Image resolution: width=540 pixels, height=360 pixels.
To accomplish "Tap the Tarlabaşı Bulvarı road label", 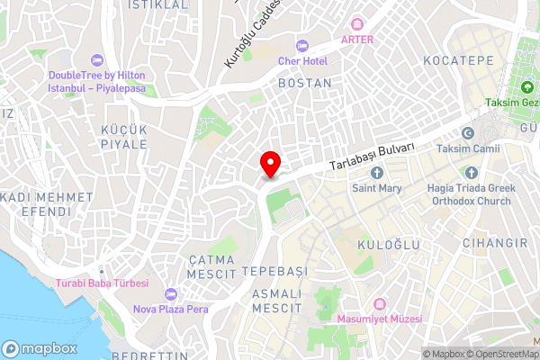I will click(x=372, y=155).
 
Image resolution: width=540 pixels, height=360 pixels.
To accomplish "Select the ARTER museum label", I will click(x=355, y=39).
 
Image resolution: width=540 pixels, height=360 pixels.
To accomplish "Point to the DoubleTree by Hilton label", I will click(x=96, y=83).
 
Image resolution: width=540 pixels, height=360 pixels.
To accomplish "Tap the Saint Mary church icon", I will click(x=376, y=172).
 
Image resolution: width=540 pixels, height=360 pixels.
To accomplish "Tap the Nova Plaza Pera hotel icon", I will click(x=171, y=294).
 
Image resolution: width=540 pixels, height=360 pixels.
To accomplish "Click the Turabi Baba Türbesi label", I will click(x=106, y=283).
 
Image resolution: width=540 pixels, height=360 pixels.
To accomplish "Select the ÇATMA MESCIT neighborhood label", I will click(x=211, y=265).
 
